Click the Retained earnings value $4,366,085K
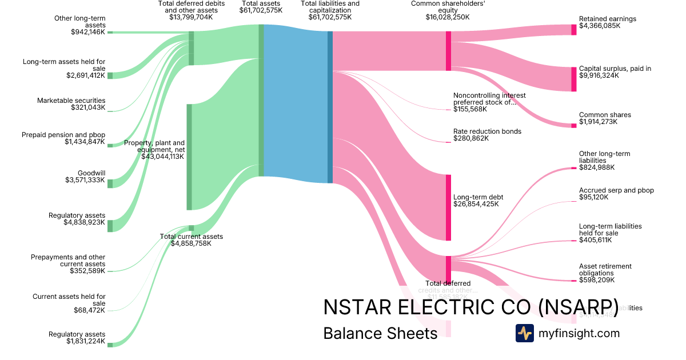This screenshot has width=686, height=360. click(x=599, y=26)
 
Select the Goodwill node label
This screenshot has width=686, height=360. click(x=91, y=173)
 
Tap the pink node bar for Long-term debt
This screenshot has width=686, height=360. click(x=448, y=207)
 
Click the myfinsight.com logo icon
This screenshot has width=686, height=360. click(x=524, y=333)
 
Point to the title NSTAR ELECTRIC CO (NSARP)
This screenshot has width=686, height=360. click(x=470, y=307)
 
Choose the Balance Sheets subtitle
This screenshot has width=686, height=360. click(x=380, y=333)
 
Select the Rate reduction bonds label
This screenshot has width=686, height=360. click(x=487, y=131)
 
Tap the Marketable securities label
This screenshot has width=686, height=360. click(x=71, y=101)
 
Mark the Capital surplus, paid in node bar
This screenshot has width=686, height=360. click(x=574, y=79)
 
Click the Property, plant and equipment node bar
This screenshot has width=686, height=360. click(x=189, y=157)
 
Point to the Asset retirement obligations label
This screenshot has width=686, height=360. click(x=605, y=270)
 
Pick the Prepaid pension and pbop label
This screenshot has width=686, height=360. click(x=63, y=135)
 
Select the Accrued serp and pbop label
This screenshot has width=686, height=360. click(x=616, y=190)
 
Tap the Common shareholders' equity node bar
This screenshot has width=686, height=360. click(x=448, y=51)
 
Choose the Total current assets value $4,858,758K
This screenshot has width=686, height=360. click(x=191, y=243)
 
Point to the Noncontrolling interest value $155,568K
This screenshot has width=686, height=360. click(x=470, y=109)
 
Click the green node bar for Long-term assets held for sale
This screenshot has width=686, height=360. click(x=110, y=75)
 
